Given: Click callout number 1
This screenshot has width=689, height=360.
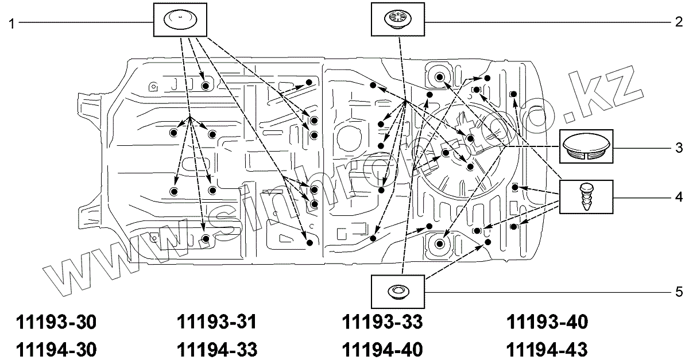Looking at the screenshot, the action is [11, 24].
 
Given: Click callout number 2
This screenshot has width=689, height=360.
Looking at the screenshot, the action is [679, 22].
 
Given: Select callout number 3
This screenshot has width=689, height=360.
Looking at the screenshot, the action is [679, 148].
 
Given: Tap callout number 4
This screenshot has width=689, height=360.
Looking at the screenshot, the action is [679, 197].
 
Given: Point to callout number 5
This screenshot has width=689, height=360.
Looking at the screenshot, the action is [679, 292].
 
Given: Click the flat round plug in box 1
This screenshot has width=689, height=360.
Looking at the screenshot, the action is [180, 20].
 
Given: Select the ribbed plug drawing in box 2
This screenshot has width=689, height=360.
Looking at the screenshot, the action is [398, 19].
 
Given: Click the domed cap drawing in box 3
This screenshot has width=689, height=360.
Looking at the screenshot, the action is [586, 146].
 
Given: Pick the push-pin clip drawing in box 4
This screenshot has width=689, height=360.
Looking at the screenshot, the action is [586, 197].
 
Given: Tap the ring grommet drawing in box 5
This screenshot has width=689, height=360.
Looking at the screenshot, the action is [398, 291].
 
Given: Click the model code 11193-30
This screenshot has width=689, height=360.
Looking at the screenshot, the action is [56, 322].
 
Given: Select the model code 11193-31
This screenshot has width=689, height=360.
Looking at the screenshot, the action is [216, 322].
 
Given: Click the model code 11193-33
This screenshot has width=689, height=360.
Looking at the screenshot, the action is [382, 322].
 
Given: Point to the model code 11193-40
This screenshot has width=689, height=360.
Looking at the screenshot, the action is [547, 322].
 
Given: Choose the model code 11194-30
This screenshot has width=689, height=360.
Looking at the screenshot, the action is [56, 350].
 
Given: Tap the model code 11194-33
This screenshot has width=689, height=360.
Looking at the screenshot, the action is [217, 350].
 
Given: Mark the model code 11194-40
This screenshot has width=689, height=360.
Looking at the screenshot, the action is [382, 350].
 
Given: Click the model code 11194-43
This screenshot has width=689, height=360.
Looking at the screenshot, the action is [547, 350].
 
